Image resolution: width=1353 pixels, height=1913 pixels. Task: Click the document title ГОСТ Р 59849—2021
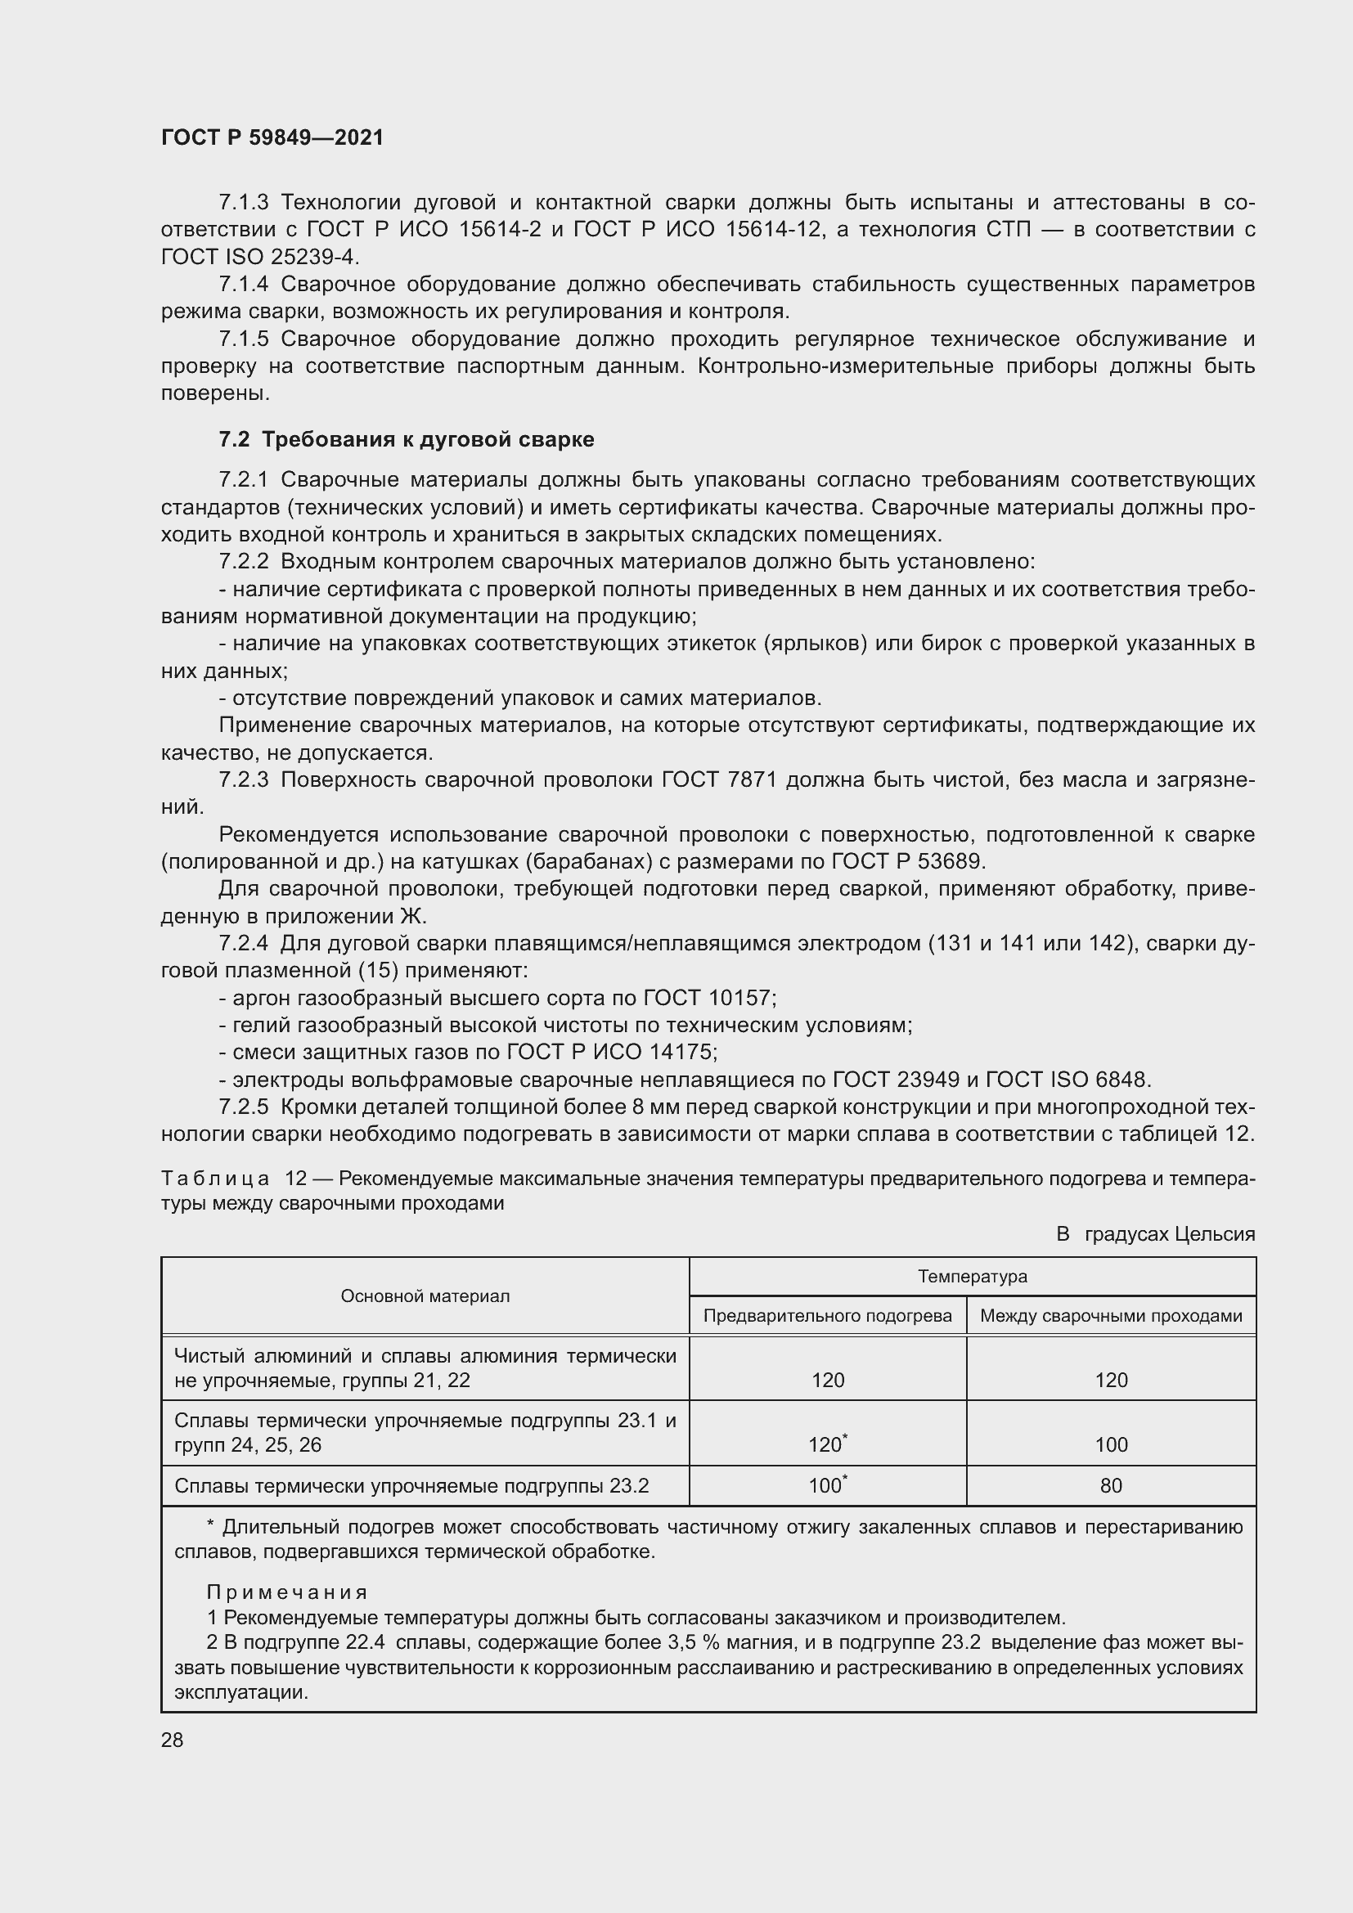coord(272,137)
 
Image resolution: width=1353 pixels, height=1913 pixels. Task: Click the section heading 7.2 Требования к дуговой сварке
coord(406,439)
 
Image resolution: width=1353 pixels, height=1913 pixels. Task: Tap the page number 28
coord(172,1740)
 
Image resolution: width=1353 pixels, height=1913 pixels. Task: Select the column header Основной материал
coord(425,1296)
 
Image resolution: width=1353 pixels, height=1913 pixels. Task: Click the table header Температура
coord(973,1276)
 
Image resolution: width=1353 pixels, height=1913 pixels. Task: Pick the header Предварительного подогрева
coord(827,1316)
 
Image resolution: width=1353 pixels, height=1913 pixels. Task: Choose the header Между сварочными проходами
coord(1111,1316)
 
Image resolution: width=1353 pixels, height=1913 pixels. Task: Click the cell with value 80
coord(1111,1485)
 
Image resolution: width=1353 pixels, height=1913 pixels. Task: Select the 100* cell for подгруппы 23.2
coord(827,1484)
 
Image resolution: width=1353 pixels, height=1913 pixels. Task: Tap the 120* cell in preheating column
coord(827,1444)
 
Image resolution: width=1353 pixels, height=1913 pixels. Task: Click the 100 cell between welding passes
coord(1111,1444)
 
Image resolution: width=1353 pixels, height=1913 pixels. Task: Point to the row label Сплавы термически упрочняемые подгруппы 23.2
coord(411,1485)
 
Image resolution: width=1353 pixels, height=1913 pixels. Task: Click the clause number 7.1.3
coord(243,203)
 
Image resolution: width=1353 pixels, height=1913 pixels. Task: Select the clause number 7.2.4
coord(243,943)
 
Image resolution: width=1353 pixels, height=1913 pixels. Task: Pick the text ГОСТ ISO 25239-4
coord(259,257)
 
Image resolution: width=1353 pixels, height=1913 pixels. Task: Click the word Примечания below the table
coord(286,1592)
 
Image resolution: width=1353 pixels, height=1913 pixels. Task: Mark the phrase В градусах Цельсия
coord(1155,1234)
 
